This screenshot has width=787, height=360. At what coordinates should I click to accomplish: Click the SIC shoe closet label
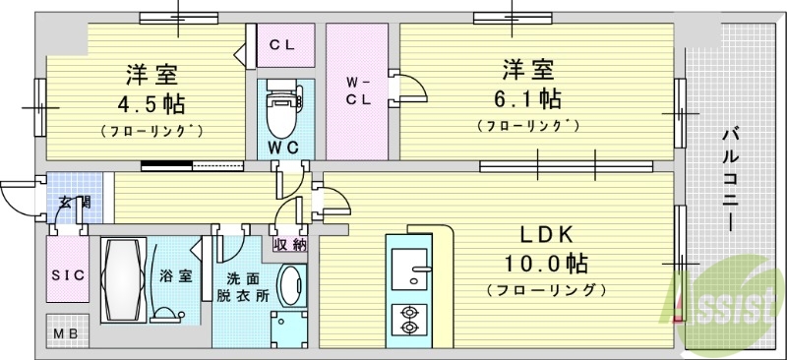click(x=67, y=276)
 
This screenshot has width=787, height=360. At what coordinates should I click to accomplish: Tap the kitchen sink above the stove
click(x=407, y=267)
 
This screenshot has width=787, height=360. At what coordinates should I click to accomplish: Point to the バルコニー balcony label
click(x=732, y=178)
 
